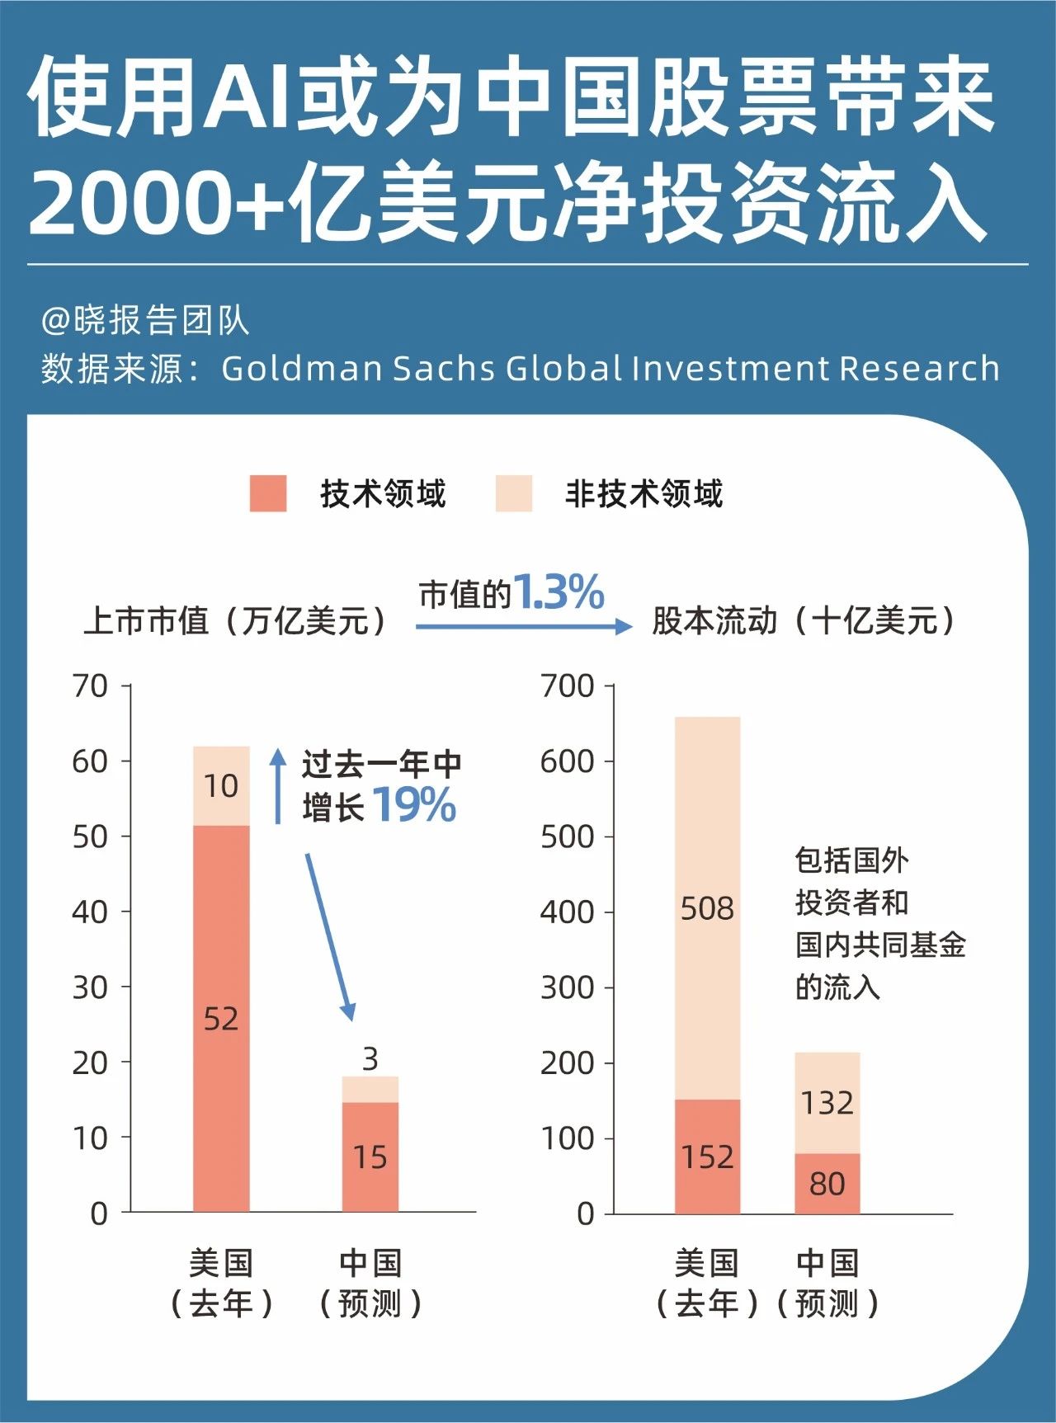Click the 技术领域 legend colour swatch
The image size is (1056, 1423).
click(x=268, y=493)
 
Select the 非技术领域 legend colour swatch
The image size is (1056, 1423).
click(x=513, y=493)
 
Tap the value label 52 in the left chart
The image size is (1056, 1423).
click(x=221, y=1019)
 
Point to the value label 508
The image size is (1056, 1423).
click(x=707, y=908)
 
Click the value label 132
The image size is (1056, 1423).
click(x=827, y=1102)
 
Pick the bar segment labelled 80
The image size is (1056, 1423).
click(x=827, y=1183)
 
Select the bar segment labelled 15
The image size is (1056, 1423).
click(x=370, y=1157)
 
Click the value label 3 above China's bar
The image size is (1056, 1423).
click(x=370, y=1058)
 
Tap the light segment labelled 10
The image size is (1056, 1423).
click(x=221, y=785)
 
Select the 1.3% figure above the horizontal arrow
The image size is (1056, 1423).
click(x=559, y=592)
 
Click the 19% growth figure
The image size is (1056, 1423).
click(x=414, y=805)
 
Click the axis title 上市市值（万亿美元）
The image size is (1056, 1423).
click(x=235, y=620)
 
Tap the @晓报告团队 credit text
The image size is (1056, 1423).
click(x=145, y=320)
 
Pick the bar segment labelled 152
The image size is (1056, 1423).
click(x=707, y=1157)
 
